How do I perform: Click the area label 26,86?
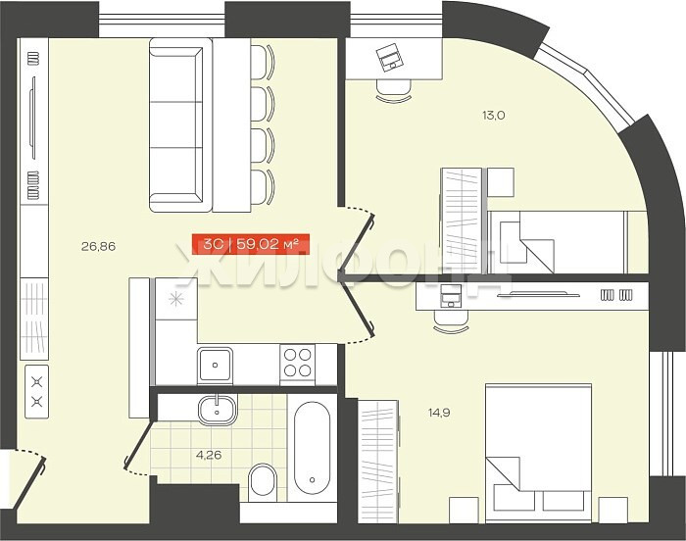[x=98, y=246]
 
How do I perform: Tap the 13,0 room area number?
[x=494, y=116]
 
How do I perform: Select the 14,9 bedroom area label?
[x=439, y=413]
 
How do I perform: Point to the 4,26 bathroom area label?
[x=209, y=455]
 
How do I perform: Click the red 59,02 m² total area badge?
[x=251, y=244]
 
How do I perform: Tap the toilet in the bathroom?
[x=263, y=482]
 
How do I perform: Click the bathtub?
[x=312, y=448]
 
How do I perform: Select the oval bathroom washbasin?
[x=218, y=410]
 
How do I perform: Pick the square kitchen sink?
[x=215, y=365]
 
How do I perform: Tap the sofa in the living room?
[x=176, y=125]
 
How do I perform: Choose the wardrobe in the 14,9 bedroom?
[x=378, y=462]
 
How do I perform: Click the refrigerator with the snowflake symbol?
[x=176, y=299]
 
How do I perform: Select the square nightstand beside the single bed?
[x=501, y=182]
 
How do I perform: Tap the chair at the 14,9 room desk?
[x=451, y=321]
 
